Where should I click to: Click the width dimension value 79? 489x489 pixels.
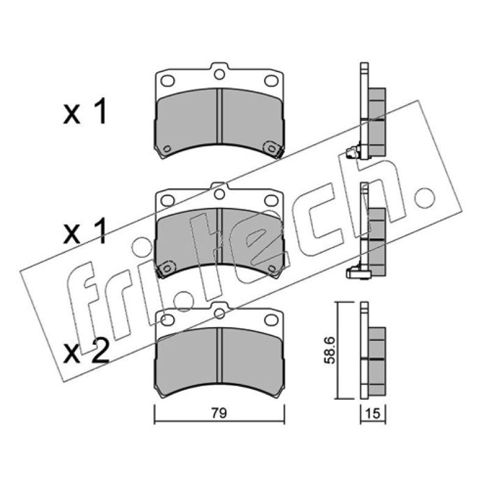pos(219,413)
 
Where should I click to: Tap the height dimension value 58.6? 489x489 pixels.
pos(329,350)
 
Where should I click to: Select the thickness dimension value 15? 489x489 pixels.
pos(373,414)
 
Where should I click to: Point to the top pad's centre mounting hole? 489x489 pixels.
pos(219,74)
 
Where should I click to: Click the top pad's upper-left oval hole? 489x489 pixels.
pos(167,81)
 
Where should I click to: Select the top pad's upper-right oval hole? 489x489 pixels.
pos(271,81)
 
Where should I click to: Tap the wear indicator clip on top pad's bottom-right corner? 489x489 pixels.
pos(273,149)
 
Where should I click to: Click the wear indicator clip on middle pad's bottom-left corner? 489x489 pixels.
pos(166,269)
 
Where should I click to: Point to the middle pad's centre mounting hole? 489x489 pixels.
pos(219,194)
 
